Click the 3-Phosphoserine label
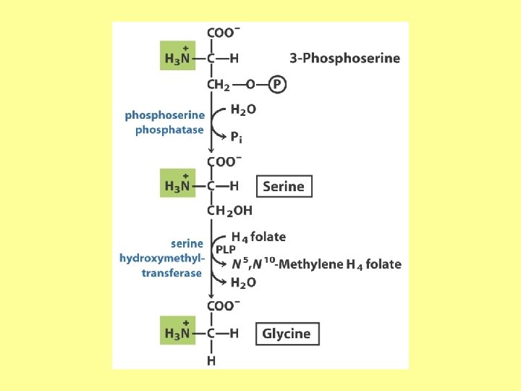344,58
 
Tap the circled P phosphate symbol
276,85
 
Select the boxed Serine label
284,186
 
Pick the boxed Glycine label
287,334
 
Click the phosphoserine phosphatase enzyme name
166,122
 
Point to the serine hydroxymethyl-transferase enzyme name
164,258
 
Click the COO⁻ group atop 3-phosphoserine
223,33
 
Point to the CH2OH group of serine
229,211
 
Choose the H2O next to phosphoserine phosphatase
242,110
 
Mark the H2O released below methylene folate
242,282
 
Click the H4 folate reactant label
258,237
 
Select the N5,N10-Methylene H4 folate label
315,264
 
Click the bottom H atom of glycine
211,360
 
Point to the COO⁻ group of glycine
223,306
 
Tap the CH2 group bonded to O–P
218,85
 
